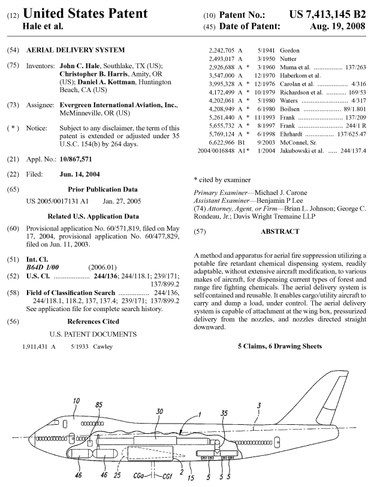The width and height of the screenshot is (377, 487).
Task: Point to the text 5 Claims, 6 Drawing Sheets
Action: (279, 346)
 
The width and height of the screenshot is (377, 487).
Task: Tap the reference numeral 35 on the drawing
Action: (224, 412)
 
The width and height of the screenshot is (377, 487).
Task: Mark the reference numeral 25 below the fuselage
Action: (117, 476)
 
